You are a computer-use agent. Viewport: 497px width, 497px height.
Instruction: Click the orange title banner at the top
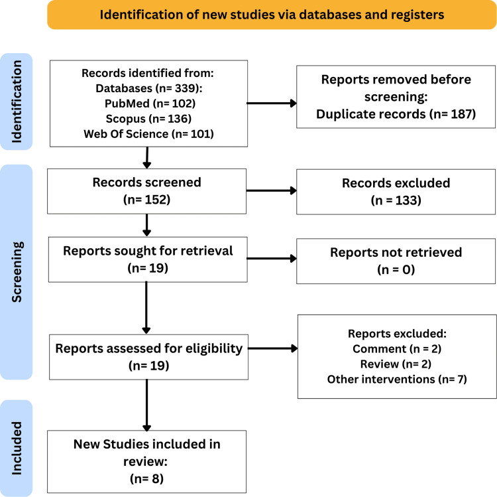coord(272,15)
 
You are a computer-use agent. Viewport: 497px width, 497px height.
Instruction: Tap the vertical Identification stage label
coord(17,102)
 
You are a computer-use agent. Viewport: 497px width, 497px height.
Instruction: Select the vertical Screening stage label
coord(17,272)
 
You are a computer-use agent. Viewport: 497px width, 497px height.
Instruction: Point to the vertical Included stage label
coord(17,449)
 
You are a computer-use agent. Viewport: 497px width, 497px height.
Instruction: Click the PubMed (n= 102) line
coord(150,104)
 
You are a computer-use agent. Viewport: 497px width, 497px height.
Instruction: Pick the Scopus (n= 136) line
coord(148,119)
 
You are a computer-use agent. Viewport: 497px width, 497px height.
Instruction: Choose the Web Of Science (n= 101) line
coord(148,134)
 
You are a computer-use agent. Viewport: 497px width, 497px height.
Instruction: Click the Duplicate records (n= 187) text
coord(396,114)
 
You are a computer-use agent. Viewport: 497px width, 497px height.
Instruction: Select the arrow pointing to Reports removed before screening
coord(272,103)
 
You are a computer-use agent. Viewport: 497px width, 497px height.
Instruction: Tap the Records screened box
coord(146,191)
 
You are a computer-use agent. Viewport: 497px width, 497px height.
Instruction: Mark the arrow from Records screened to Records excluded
coord(272,190)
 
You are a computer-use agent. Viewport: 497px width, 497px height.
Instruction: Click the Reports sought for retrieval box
coord(148,259)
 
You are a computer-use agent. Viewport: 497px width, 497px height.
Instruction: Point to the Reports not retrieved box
coord(396,261)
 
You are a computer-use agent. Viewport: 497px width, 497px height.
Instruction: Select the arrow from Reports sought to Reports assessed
coord(146,308)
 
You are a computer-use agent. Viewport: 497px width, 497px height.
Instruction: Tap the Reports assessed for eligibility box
coord(148,357)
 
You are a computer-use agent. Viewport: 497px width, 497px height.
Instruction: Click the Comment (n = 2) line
coord(397,349)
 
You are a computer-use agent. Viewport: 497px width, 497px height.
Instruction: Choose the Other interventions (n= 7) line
coord(397,380)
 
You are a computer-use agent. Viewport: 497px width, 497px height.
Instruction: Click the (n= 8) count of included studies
coord(146,478)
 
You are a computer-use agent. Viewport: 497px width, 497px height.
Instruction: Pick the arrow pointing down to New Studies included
coord(146,405)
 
